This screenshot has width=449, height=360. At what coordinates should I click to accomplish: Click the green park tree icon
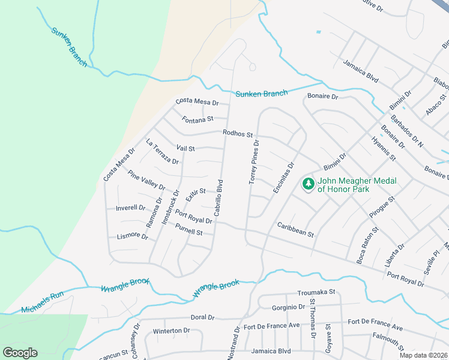pos(309,183)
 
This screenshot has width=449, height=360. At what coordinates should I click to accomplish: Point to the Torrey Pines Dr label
pos(253,163)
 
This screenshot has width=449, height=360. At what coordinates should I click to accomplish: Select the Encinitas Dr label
pos(284,178)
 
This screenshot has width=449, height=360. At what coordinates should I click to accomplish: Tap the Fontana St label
pos(198,118)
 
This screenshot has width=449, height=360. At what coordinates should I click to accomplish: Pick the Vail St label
pos(185,148)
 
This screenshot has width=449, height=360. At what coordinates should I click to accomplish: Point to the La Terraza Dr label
pos(163,152)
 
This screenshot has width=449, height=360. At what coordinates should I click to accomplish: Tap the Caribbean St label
pos(295,229)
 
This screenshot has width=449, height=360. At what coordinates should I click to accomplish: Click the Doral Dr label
pos(202,317)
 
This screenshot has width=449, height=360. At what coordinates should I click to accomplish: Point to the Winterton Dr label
pos(171,331)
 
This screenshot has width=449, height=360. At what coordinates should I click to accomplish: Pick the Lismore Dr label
pos(133,236)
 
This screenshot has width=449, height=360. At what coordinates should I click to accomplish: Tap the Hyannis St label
pos(384,149)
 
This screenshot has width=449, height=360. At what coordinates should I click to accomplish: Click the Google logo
pos(20,353)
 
